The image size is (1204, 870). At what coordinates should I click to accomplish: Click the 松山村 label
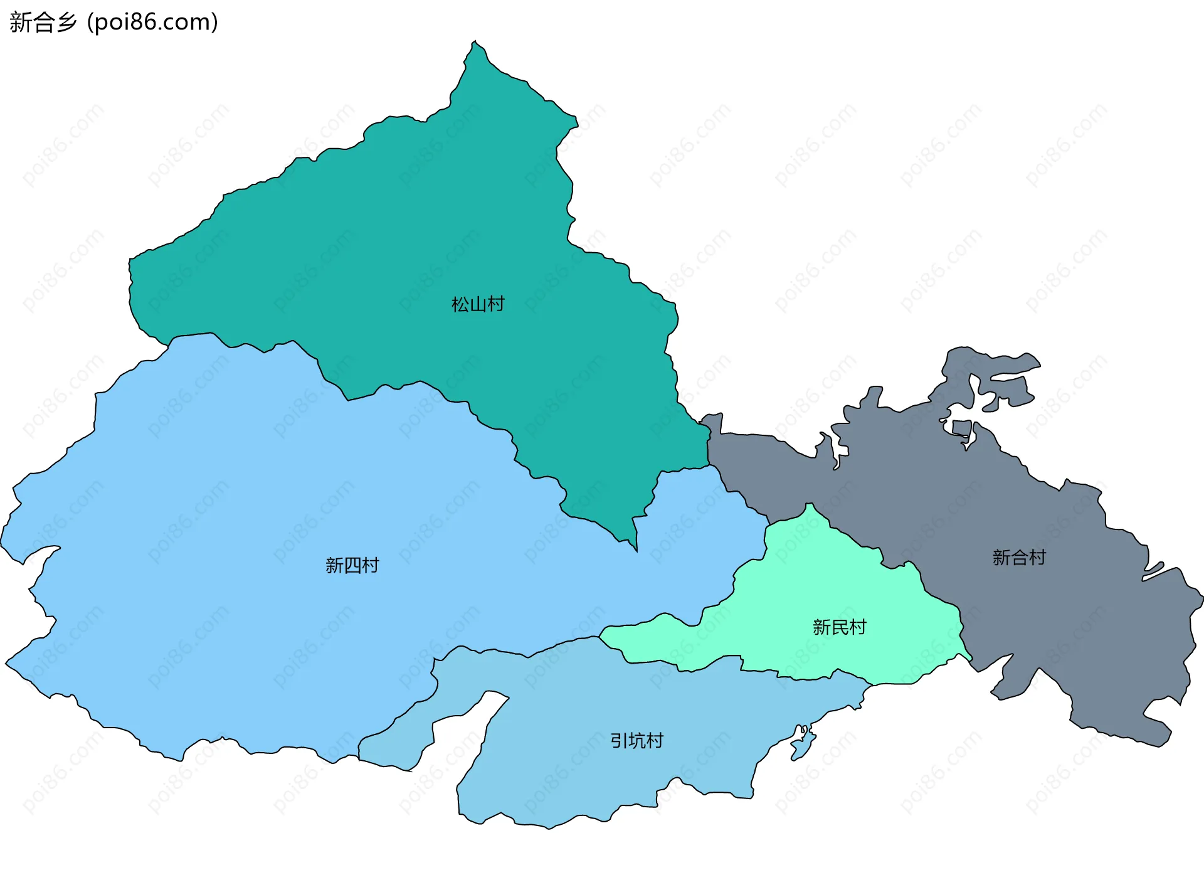click(x=478, y=305)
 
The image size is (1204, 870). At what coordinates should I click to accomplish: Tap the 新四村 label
click(x=352, y=566)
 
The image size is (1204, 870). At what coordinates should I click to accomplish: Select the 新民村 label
click(x=839, y=627)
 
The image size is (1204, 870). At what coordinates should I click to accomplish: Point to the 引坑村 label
click(x=636, y=741)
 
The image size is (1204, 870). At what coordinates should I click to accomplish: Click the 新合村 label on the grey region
click(x=1019, y=558)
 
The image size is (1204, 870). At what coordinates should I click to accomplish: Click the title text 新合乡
click(x=43, y=22)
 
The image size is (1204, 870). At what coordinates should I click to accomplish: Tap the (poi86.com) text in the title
click(x=152, y=22)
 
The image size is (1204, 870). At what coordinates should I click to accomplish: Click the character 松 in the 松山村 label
click(x=460, y=305)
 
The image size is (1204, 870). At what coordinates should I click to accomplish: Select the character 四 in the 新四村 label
click(x=352, y=566)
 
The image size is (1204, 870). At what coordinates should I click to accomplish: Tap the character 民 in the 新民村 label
click(x=840, y=627)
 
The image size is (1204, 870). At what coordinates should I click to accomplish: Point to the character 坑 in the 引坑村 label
click(x=637, y=741)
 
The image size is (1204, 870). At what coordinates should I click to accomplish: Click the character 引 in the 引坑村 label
click(x=619, y=741)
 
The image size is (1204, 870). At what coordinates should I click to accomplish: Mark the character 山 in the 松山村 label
click(x=478, y=305)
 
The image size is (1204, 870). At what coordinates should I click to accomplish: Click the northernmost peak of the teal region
click(x=475, y=43)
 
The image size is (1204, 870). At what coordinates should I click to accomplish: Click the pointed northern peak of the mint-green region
click(x=810, y=505)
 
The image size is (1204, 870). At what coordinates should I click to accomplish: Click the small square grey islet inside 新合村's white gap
click(x=961, y=428)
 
